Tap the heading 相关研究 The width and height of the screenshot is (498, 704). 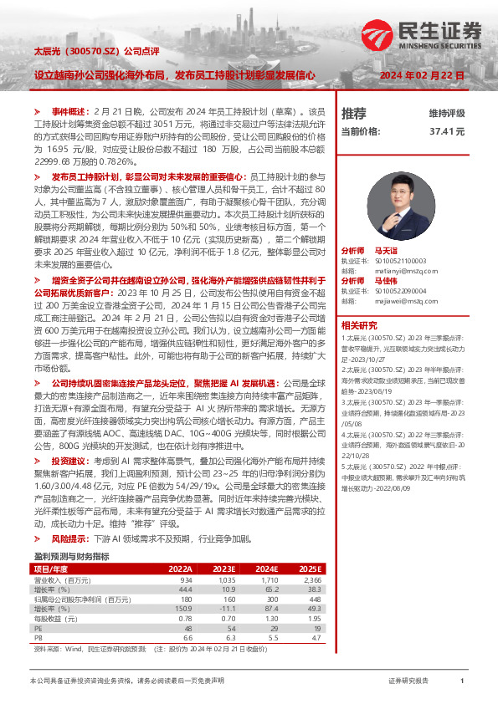[357, 324]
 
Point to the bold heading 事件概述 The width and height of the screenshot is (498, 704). [69, 111]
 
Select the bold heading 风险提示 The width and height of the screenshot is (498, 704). [69, 539]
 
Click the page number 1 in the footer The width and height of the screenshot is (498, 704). [462, 681]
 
